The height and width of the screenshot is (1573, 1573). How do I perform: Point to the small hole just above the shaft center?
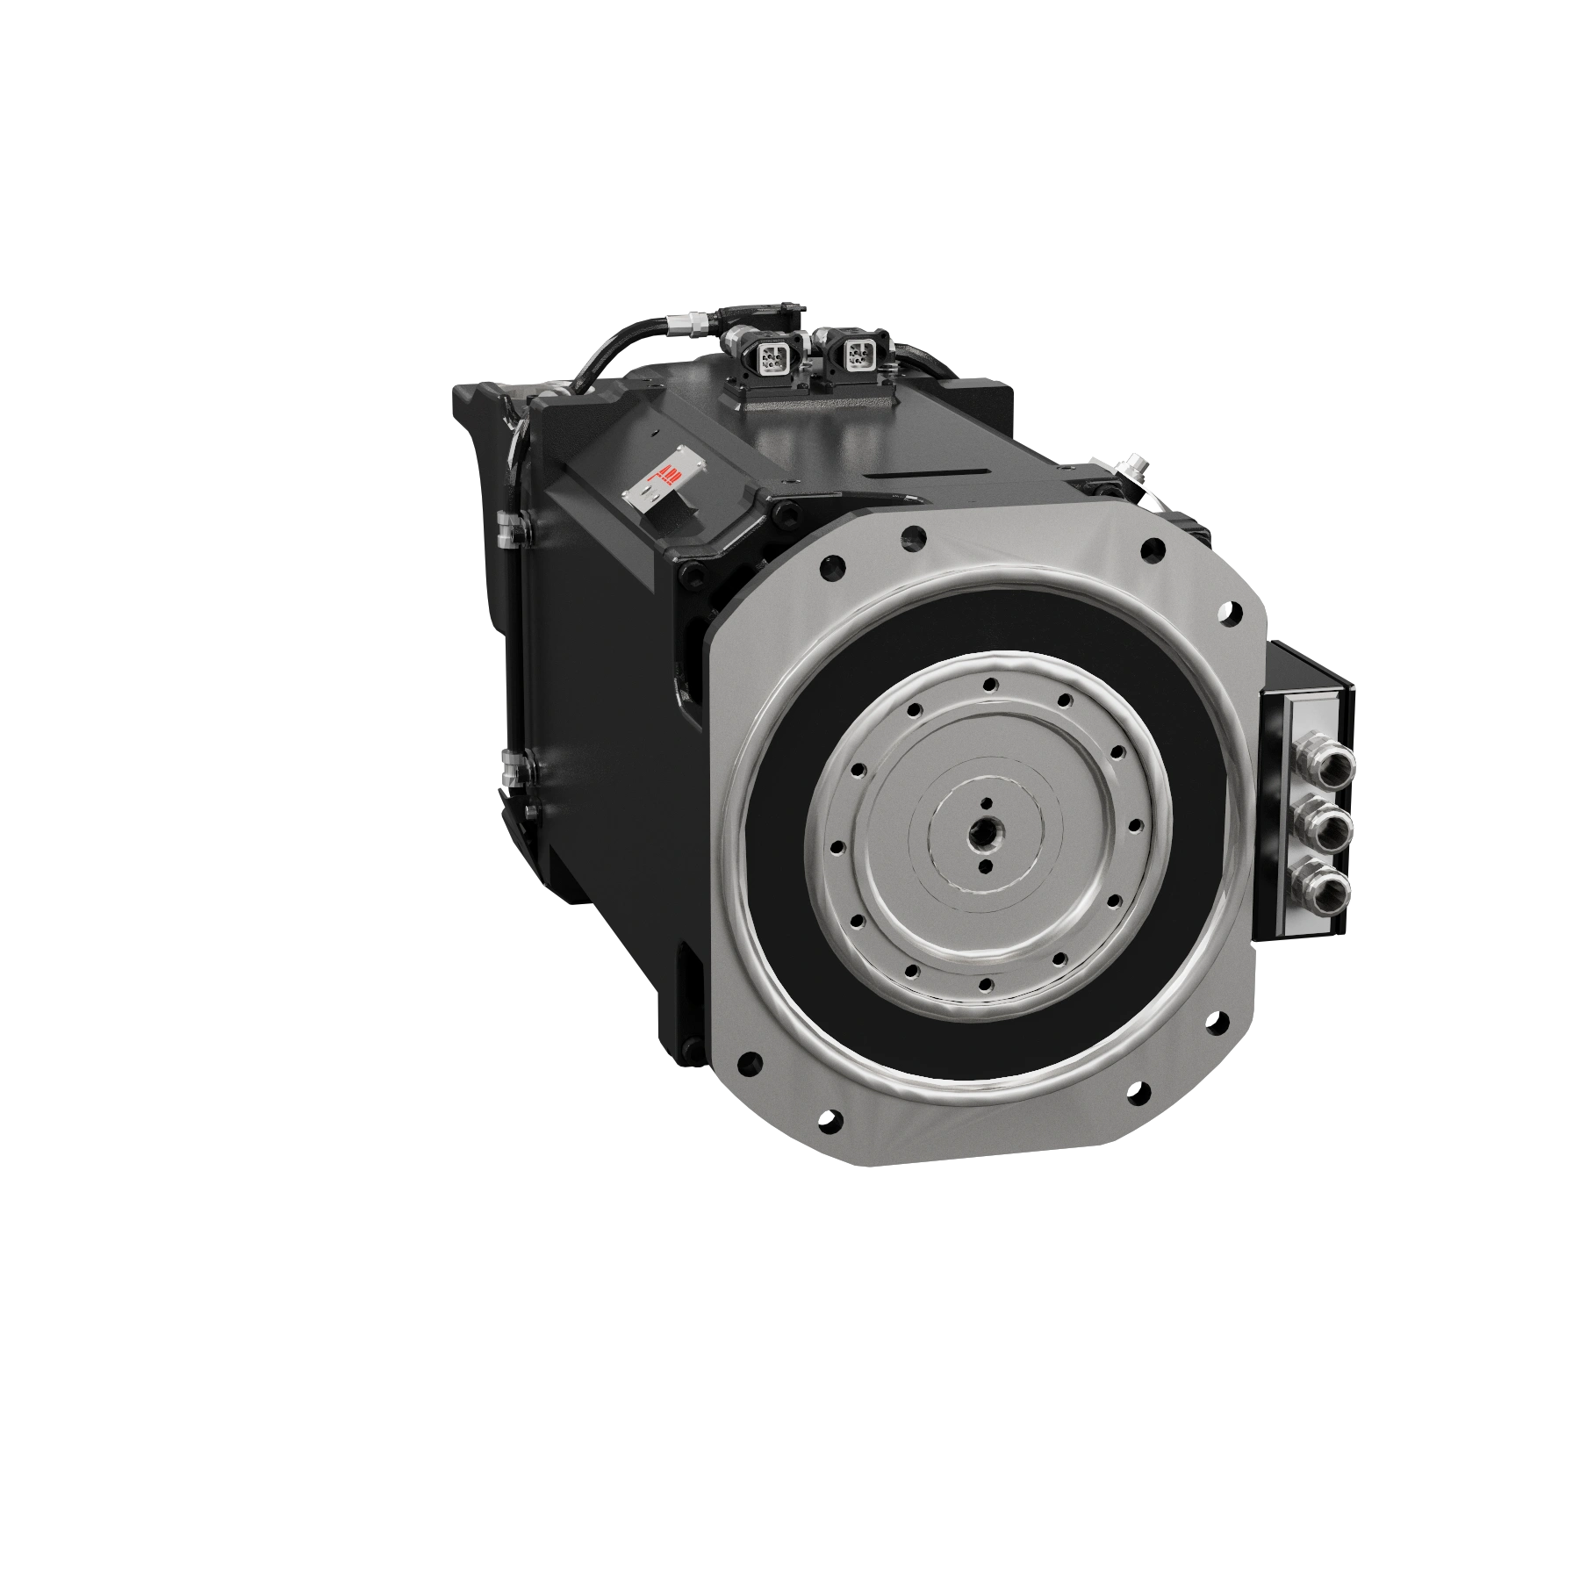click(x=987, y=801)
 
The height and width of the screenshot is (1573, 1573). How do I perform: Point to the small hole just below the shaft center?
click(x=985, y=867)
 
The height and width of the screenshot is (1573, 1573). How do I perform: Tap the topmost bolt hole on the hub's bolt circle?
click(x=990, y=684)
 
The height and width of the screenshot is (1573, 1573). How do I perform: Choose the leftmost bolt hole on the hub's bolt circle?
click(x=835, y=848)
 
